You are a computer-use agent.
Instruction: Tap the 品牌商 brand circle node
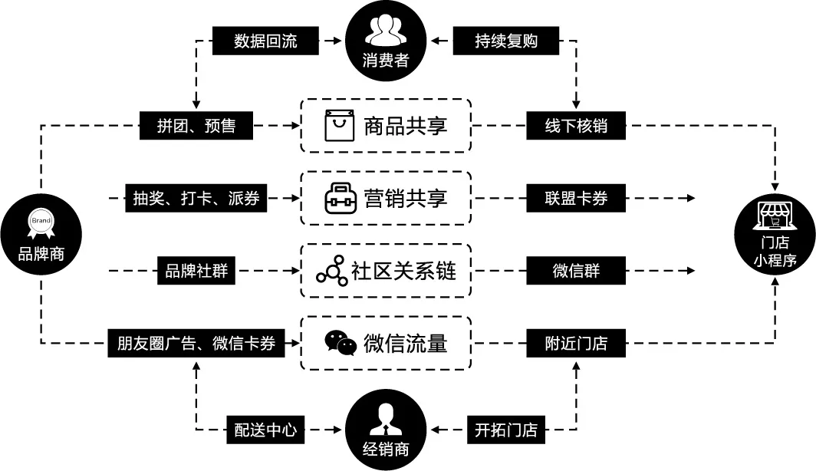(x=41, y=234)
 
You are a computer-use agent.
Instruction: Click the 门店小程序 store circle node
(x=775, y=234)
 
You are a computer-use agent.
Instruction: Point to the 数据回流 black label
(x=265, y=41)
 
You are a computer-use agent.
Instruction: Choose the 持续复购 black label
(x=506, y=41)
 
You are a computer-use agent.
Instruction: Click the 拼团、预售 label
(x=197, y=126)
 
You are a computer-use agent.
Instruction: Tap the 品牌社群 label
(x=196, y=271)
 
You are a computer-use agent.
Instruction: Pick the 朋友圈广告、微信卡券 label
(x=196, y=343)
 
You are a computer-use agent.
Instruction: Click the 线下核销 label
(x=576, y=126)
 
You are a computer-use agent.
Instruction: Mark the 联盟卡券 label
(x=576, y=199)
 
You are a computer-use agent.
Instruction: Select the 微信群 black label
(x=576, y=271)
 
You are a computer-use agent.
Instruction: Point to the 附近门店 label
(x=576, y=343)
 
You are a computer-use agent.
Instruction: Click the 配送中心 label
(x=265, y=430)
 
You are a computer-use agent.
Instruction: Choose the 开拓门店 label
(x=506, y=430)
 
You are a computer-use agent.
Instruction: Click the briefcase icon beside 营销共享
(x=339, y=199)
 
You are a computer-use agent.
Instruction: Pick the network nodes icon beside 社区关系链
(x=331, y=272)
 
